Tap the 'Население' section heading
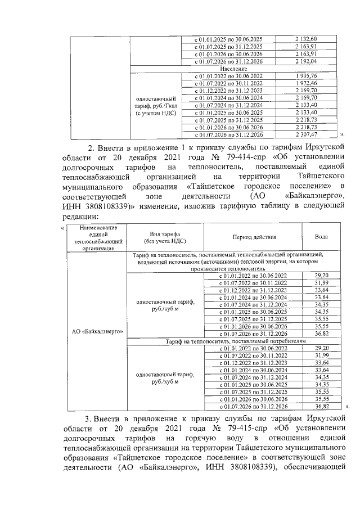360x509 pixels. point(234,68)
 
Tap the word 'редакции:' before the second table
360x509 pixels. point(79,217)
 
